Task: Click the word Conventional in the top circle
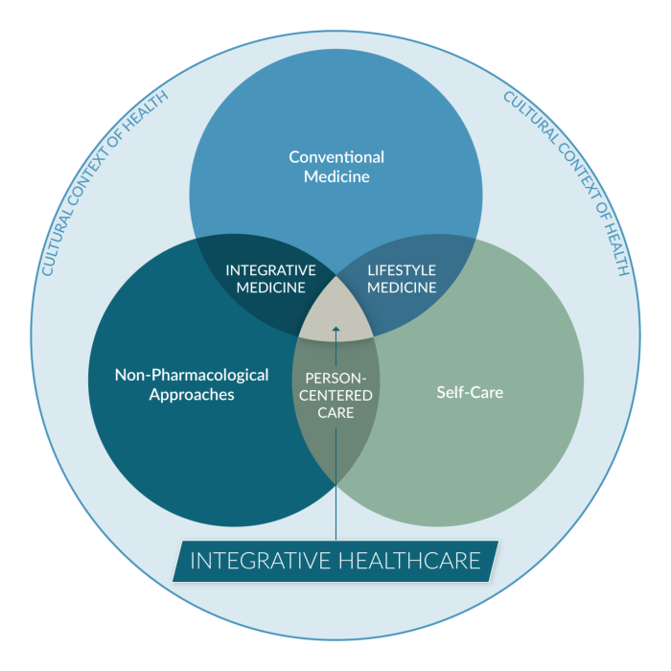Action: click(x=336, y=157)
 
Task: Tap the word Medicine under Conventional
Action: click(x=336, y=176)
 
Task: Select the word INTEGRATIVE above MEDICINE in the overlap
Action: click(x=271, y=270)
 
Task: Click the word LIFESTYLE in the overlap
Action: click(x=402, y=270)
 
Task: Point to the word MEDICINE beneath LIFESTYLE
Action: click(x=402, y=288)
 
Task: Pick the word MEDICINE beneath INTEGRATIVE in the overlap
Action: click(x=271, y=288)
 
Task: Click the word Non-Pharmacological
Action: click(x=192, y=375)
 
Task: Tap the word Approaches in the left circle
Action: click(x=192, y=395)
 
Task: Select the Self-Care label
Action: click(x=470, y=392)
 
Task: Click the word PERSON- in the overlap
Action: click(x=335, y=379)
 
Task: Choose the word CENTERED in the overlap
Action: click(x=335, y=395)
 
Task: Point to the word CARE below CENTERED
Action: click(x=335, y=412)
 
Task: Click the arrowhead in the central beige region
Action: click(x=335, y=329)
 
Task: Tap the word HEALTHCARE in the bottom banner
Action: click(x=409, y=561)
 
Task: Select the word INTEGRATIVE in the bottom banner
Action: click(x=260, y=561)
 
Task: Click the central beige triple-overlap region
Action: click(x=335, y=312)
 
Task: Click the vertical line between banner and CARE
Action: click(x=335, y=484)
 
